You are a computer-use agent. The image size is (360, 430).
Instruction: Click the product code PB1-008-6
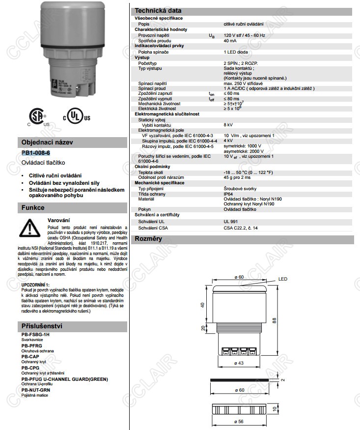tap(36, 153)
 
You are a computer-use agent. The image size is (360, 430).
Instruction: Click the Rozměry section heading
tap(148, 239)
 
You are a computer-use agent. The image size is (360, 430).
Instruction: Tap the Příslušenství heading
tap(41, 326)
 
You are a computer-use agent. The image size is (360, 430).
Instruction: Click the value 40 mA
tap(230, 41)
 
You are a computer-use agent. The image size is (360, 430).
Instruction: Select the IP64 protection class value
tap(228, 194)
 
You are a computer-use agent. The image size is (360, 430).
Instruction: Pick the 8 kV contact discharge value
tap(228, 124)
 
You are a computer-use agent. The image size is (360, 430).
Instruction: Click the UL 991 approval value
tap(231, 222)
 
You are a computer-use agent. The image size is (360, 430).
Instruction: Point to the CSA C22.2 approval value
tap(241, 228)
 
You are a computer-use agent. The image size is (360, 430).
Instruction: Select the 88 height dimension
tap(274, 320)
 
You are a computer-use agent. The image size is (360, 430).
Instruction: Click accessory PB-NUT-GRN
tap(36, 390)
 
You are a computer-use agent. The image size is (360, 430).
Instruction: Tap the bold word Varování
tap(58, 220)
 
